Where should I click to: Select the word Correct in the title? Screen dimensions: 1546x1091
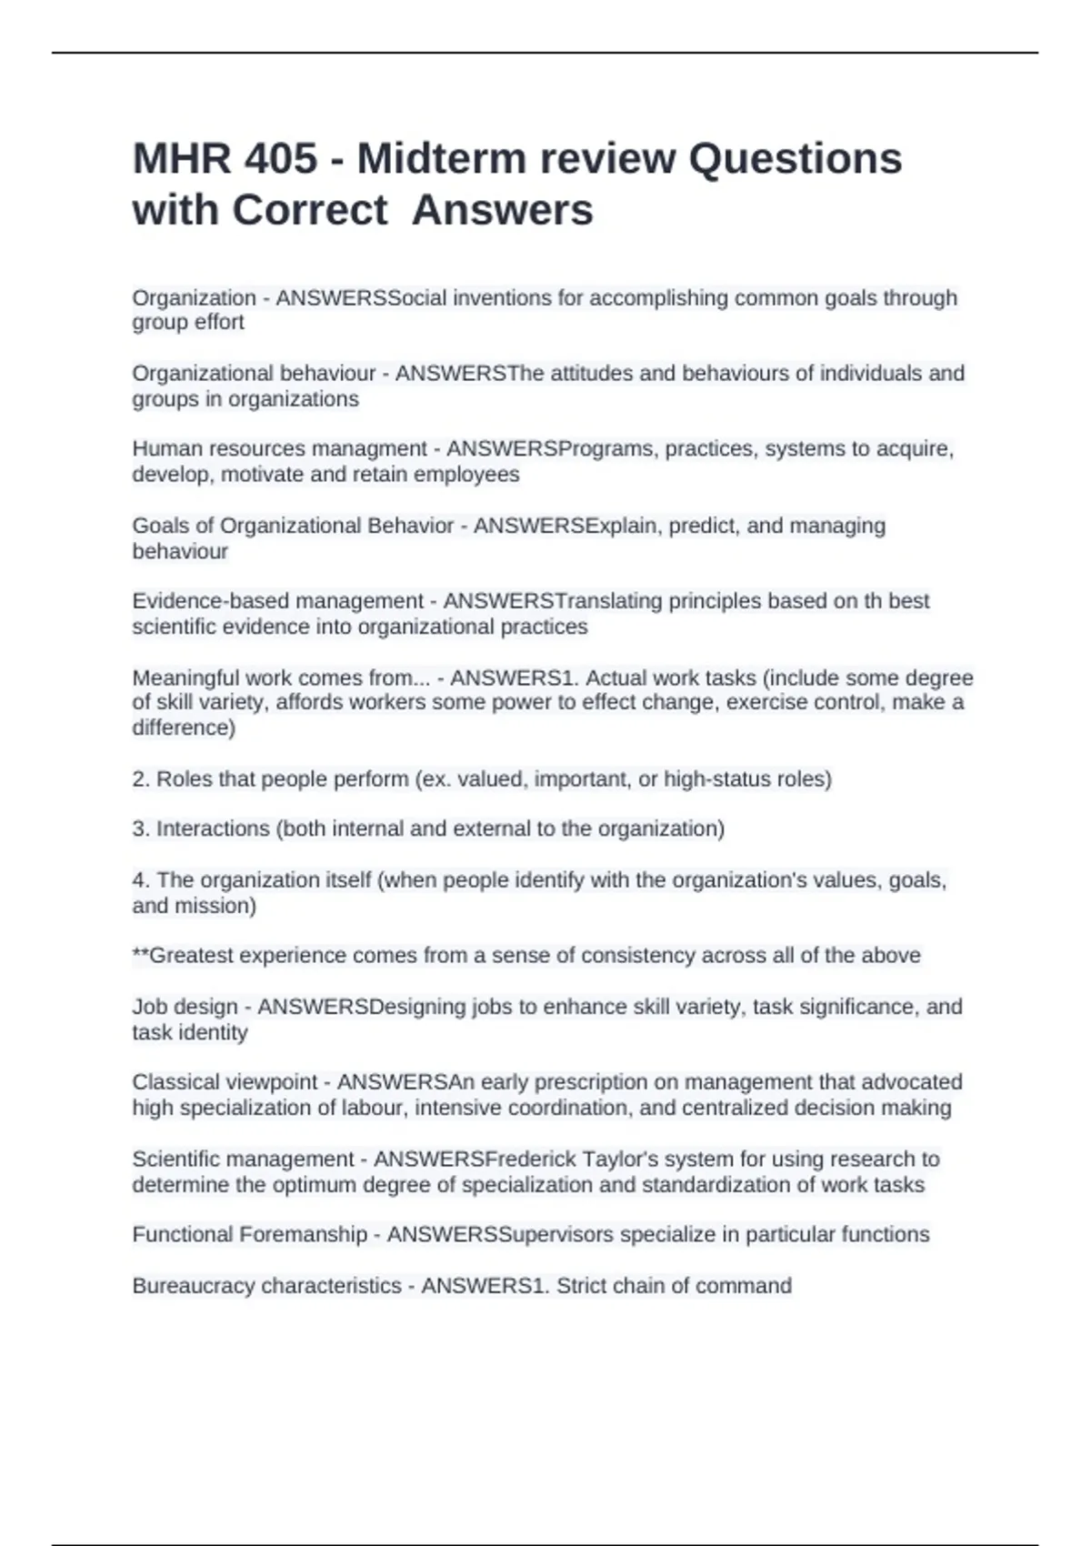[x=310, y=210]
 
